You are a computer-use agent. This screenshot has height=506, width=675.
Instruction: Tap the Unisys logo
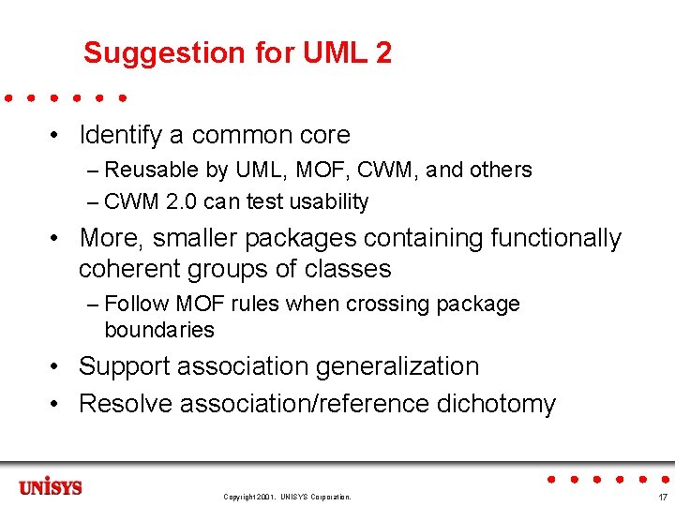[x=51, y=487]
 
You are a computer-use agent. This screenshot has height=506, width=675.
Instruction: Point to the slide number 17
[x=663, y=497]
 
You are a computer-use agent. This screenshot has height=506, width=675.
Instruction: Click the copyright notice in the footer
[x=287, y=497]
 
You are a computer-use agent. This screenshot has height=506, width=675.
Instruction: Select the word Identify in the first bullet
[x=121, y=135]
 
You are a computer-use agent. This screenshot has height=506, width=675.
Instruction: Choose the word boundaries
[x=159, y=330]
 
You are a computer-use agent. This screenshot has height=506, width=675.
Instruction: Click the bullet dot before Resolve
[x=57, y=404]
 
